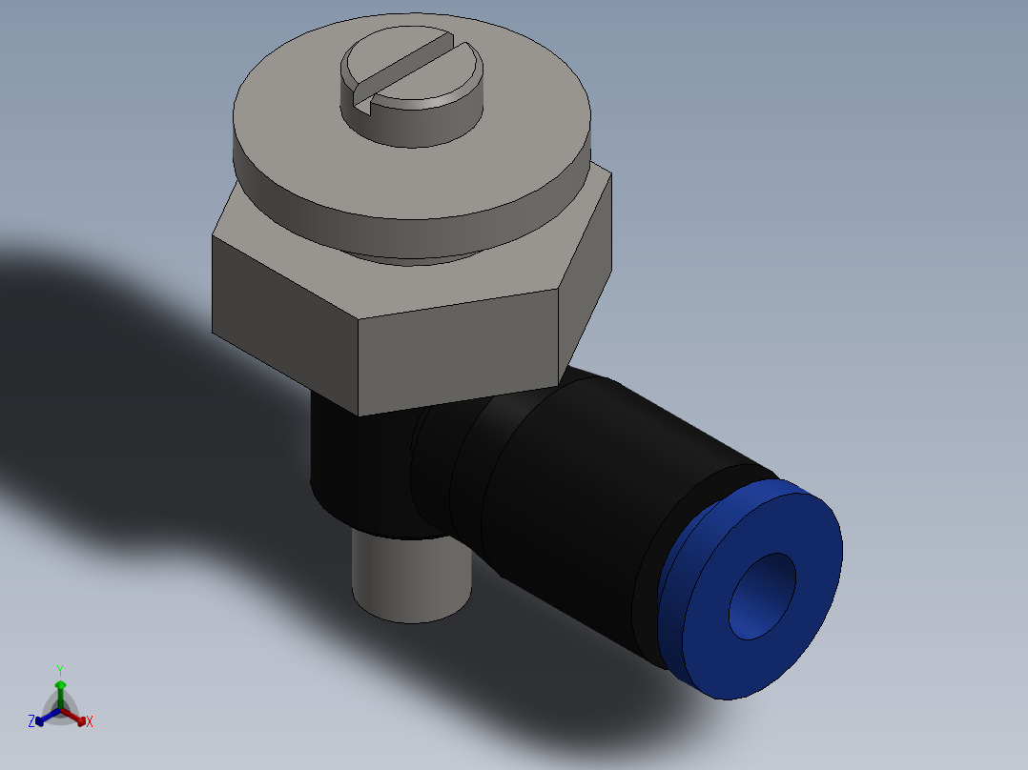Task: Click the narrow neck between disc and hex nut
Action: coord(410,250)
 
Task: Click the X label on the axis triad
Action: coord(90,722)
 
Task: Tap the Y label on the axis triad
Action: coord(59,670)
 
